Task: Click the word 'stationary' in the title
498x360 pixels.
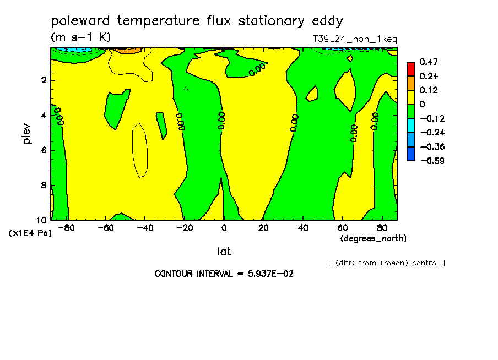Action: (x=271, y=21)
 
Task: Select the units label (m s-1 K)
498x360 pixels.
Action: (x=81, y=37)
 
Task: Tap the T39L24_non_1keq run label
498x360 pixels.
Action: (x=355, y=39)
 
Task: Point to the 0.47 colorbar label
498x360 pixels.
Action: (x=429, y=62)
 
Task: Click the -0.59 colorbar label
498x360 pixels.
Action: (x=432, y=161)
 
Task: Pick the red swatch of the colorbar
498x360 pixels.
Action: (x=411, y=69)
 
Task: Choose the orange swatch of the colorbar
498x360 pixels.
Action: (x=411, y=83)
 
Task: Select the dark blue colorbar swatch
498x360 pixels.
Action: (x=411, y=154)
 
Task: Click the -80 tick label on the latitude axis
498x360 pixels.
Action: (x=66, y=228)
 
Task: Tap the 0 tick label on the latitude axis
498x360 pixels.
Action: (x=224, y=228)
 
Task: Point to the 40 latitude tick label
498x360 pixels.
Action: (x=303, y=228)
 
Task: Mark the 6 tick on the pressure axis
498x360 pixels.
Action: (x=44, y=150)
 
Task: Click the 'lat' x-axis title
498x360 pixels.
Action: (x=224, y=252)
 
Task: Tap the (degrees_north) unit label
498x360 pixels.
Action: (x=373, y=238)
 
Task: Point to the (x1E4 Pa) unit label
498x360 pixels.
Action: (x=30, y=233)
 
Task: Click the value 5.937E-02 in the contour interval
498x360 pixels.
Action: (x=270, y=274)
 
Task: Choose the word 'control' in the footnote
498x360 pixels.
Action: (x=425, y=263)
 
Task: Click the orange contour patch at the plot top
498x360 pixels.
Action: (x=127, y=50)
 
